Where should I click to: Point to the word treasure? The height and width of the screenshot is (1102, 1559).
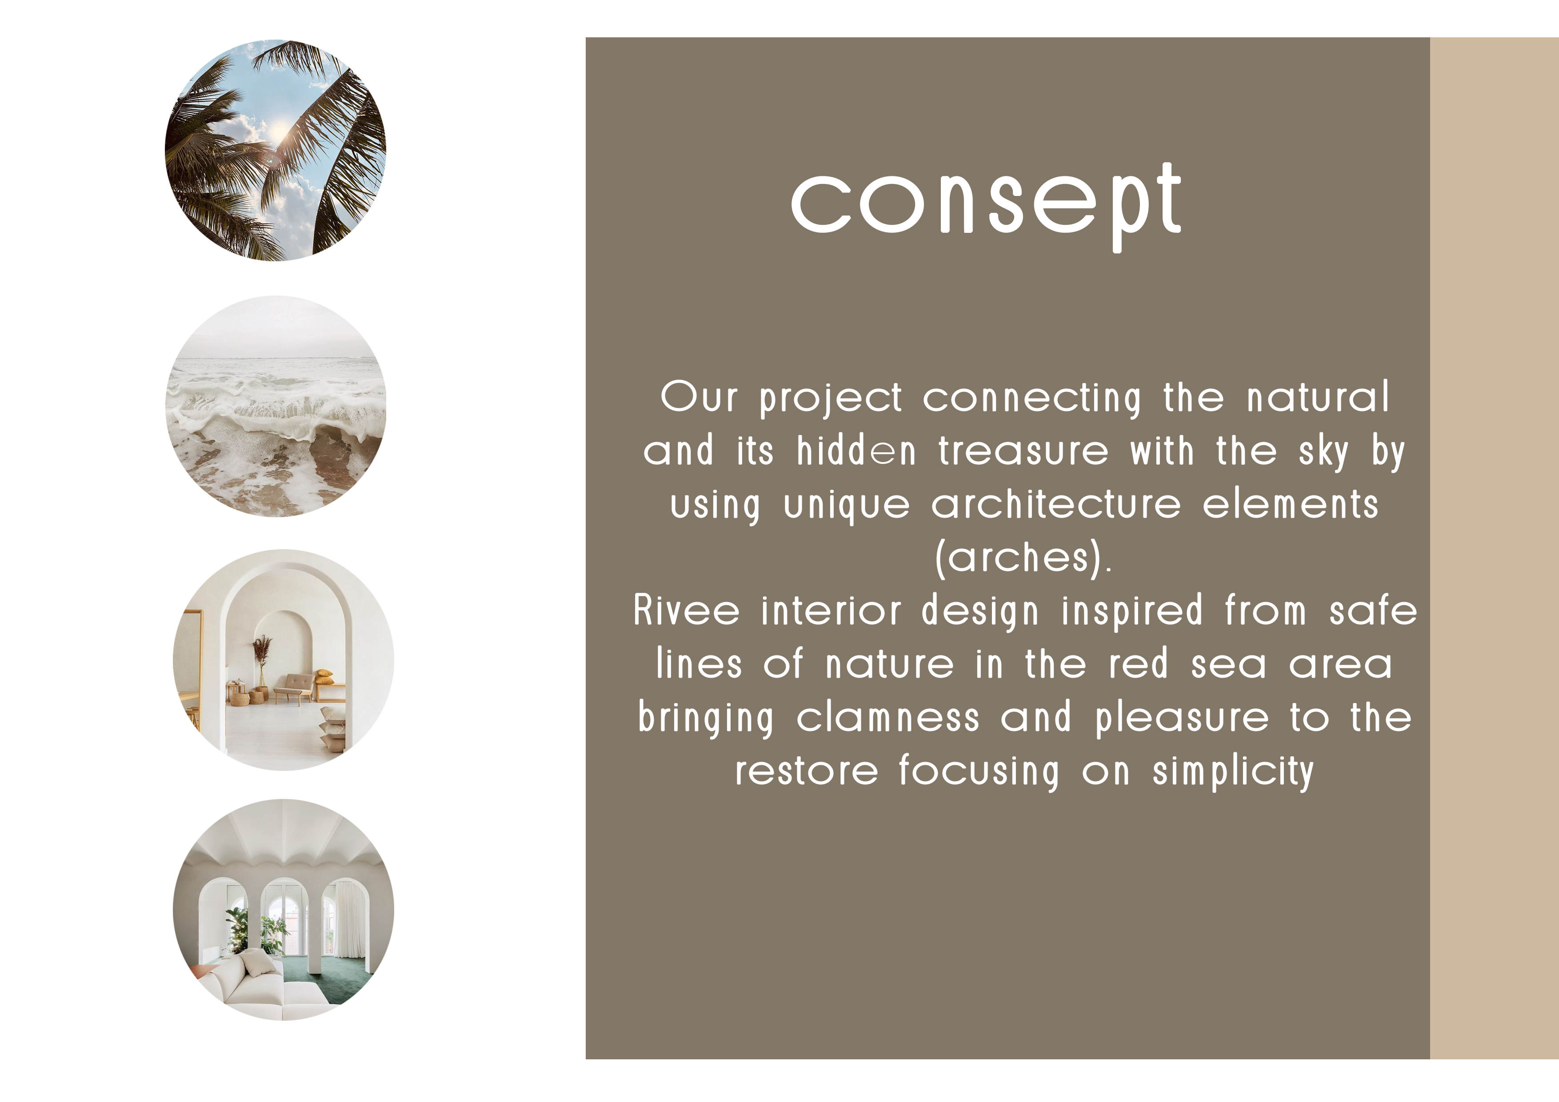1023,451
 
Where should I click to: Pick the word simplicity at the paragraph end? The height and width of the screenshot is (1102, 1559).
1233,772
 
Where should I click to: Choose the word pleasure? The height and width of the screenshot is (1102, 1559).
1182,719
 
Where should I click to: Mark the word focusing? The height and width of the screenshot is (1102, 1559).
979,772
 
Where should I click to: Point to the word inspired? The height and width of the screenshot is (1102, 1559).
1132,611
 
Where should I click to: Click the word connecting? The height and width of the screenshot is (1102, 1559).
1032,399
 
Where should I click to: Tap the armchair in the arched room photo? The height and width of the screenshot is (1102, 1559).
294,686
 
